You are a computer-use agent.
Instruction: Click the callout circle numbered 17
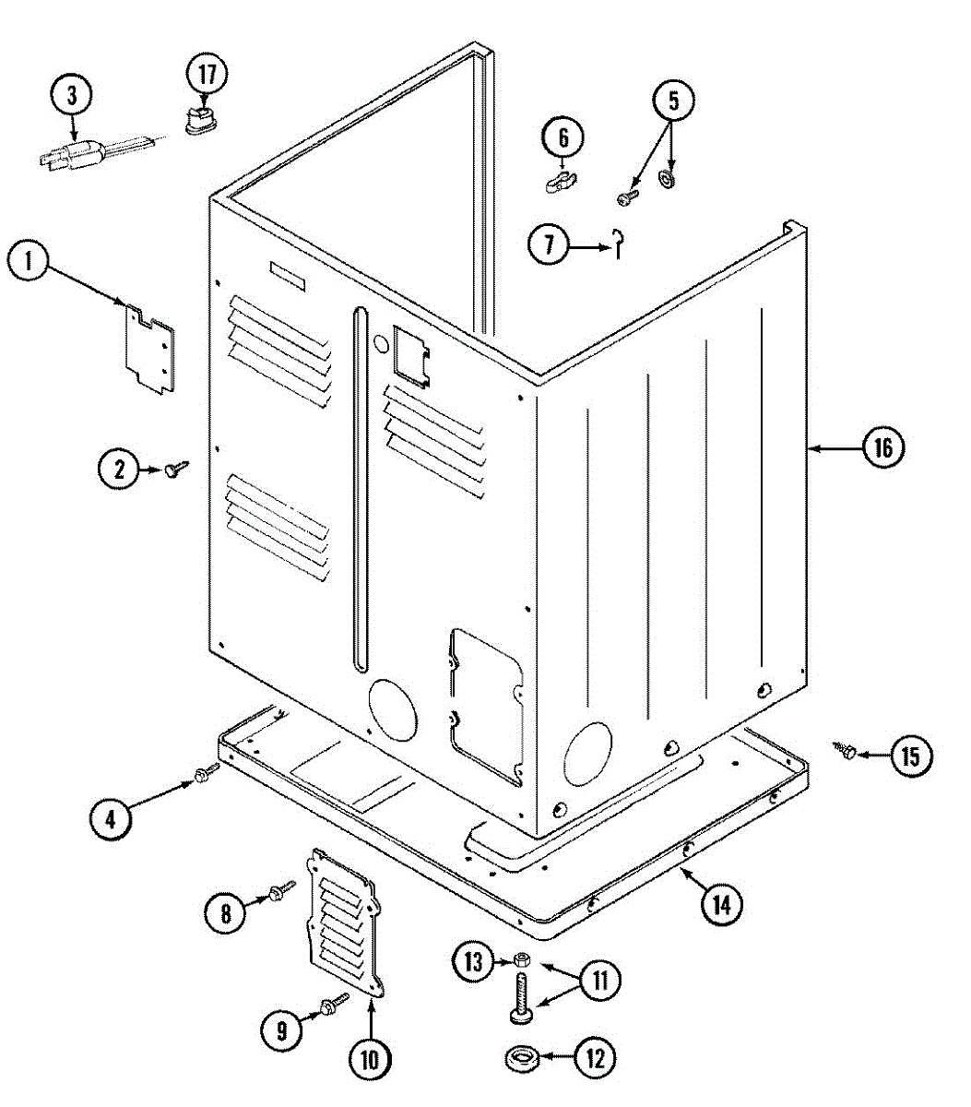point(207,75)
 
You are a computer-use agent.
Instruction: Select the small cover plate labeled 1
point(148,348)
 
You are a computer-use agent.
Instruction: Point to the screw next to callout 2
point(174,470)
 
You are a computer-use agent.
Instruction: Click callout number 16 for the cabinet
point(882,448)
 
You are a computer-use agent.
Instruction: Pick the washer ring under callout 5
point(667,176)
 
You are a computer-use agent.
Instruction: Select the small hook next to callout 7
point(620,243)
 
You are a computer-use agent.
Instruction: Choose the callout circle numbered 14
point(721,905)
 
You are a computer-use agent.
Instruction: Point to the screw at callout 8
point(278,891)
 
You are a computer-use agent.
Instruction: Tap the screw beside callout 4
point(205,776)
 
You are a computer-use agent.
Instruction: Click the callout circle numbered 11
point(600,979)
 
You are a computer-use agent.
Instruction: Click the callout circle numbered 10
point(370,1059)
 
